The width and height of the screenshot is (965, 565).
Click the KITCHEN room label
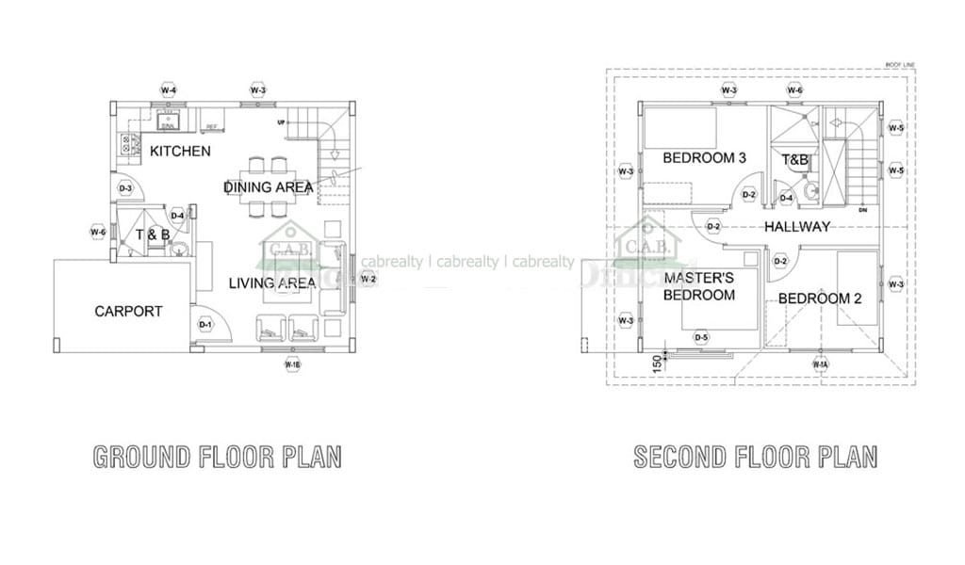[180, 151]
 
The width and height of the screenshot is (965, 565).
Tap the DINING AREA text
[269, 187]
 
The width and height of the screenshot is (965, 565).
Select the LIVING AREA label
[270, 282]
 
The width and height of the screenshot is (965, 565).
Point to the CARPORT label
[128, 311]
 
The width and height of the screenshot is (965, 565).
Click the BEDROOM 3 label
[704, 157]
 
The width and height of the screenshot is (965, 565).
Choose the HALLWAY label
[797, 227]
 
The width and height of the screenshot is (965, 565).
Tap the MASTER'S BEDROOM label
[699, 286]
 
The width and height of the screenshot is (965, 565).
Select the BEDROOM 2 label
[820, 299]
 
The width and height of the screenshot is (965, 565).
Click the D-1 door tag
[204, 325]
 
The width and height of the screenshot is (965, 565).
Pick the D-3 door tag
[125, 189]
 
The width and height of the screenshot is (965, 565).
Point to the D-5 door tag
[701, 337]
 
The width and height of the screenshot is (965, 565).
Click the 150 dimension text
[656, 363]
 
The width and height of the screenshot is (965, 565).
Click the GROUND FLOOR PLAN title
[217, 458]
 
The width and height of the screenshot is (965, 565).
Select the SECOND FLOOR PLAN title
[755, 458]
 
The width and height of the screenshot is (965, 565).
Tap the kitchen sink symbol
[169, 121]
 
